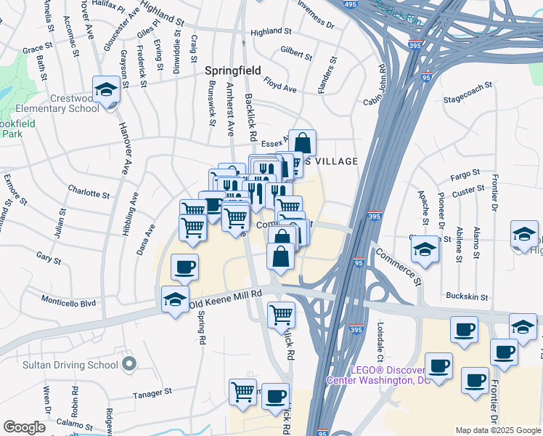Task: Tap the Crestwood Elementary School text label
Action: [65, 104]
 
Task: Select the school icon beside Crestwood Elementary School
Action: [107, 91]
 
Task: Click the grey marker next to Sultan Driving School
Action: [129, 363]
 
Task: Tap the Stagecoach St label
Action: [468, 91]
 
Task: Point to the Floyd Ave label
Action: [280, 84]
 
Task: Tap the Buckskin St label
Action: [465, 296]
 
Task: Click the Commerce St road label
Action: [398, 266]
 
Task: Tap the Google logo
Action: [24, 427]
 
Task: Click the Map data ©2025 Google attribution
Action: [497, 430]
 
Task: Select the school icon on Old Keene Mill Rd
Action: [174, 300]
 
